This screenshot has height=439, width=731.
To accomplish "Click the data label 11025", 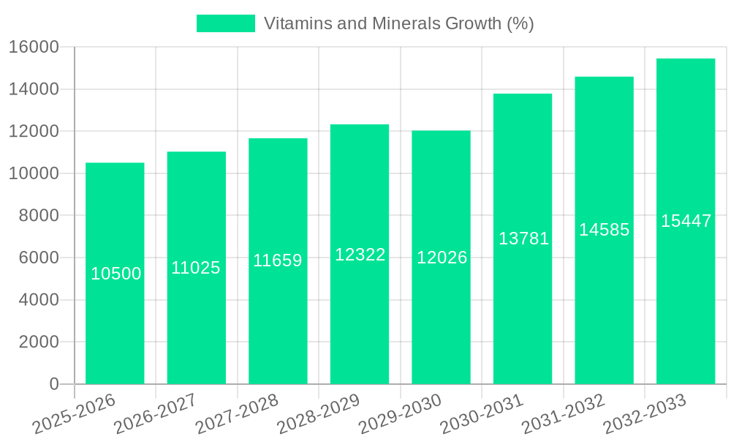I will [196, 268].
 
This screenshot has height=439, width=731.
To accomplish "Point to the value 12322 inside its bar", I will [360, 255].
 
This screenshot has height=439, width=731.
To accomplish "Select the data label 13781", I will [523, 239].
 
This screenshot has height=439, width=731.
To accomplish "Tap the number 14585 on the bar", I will [605, 230].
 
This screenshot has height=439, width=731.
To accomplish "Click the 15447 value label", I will [686, 221].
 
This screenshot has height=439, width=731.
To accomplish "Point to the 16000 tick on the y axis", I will [34, 48].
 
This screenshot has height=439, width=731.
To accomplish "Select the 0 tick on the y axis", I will [53, 384].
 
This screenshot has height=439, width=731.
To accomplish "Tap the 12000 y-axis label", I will [34, 132].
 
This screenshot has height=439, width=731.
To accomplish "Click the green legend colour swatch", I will [226, 23].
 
